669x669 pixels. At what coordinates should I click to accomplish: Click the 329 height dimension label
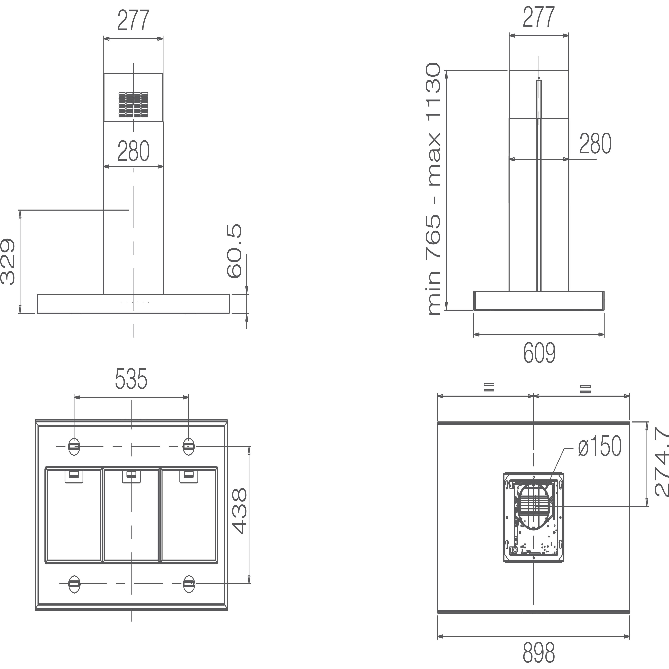[x=8, y=261]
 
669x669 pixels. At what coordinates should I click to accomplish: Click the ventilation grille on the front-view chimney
[x=133, y=105]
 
